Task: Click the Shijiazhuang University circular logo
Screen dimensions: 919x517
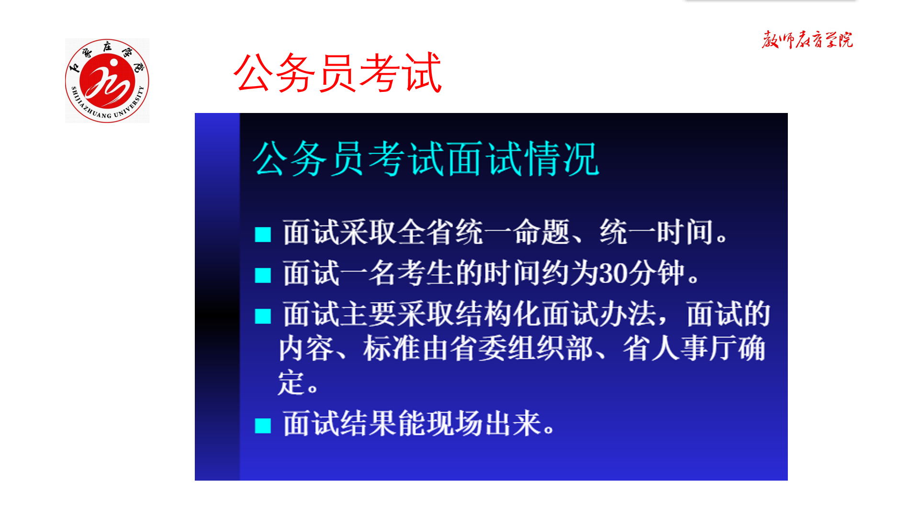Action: (x=107, y=80)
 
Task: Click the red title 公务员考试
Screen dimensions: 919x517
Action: (x=337, y=73)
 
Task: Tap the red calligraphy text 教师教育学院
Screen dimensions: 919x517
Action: (x=807, y=40)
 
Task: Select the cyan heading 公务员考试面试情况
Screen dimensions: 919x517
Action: (x=426, y=159)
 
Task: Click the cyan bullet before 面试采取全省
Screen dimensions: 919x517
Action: (x=263, y=235)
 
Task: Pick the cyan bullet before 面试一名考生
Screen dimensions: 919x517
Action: (x=263, y=275)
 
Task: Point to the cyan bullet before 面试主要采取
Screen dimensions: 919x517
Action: (x=263, y=316)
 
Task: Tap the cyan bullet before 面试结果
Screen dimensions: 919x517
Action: (x=263, y=425)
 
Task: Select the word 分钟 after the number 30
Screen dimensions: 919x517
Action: (x=657, y=273)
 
